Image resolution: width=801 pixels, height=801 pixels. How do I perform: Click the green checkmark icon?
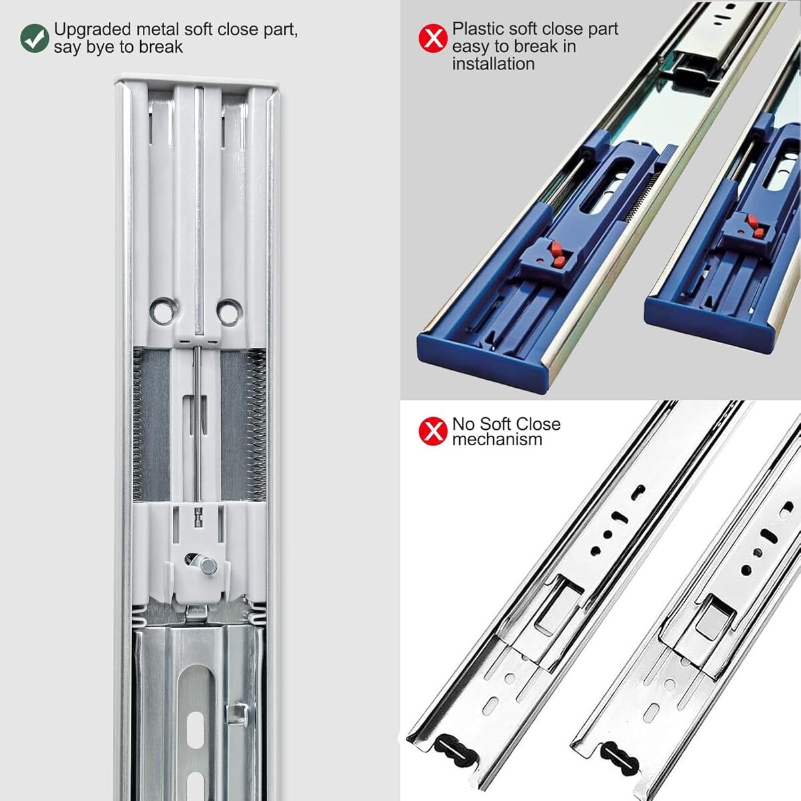35,38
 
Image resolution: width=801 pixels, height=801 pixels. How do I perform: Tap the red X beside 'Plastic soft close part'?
433,38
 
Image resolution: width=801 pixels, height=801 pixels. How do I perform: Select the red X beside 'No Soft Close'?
433,431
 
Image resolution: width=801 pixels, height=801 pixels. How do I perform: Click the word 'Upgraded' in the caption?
92,30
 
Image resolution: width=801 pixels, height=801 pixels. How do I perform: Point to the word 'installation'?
493,64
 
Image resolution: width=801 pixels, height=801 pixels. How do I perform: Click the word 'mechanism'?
497,439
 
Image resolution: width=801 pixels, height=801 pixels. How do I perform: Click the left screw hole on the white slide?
162,311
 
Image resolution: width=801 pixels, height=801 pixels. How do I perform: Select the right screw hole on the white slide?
229,311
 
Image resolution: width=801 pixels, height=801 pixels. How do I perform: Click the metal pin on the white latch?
206,565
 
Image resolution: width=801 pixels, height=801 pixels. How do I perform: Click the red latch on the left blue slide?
556,255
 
